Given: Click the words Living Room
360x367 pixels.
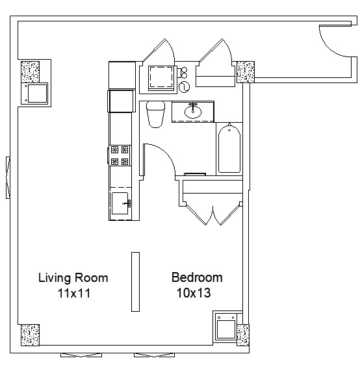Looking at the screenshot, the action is (x=73, y=278).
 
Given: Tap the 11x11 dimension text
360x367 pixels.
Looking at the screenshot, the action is (x=74, y=293).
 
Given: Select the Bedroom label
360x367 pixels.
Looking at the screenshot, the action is (x=197, y=277).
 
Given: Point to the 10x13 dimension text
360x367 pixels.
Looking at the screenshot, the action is (x=194, y=293).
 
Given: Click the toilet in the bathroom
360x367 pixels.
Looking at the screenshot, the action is (x=155, y=114).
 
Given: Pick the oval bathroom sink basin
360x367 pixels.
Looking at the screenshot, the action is (x=193, y=112).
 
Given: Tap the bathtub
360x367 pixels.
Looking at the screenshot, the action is (x=229, y=148).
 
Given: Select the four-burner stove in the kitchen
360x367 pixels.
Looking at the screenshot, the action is (x=120, y=155).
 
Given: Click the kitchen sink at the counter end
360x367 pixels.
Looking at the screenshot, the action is (x=120, y=203).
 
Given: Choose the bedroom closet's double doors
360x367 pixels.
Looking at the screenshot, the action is (x=213, y=214).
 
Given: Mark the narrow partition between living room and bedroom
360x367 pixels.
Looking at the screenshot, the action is (x=135, y=282).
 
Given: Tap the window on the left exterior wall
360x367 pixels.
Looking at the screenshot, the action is (x=8, y=177).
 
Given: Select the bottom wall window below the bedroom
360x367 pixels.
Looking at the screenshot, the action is (x=155, y=355).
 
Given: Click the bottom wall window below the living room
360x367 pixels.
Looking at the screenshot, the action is (x=81, y=355).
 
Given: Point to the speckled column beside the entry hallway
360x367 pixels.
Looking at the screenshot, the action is (x=246, y=72).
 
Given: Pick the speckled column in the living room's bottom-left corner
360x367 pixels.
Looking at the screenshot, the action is (x=30, y=335).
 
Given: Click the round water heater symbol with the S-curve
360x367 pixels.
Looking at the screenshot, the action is (x=184, y=87).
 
